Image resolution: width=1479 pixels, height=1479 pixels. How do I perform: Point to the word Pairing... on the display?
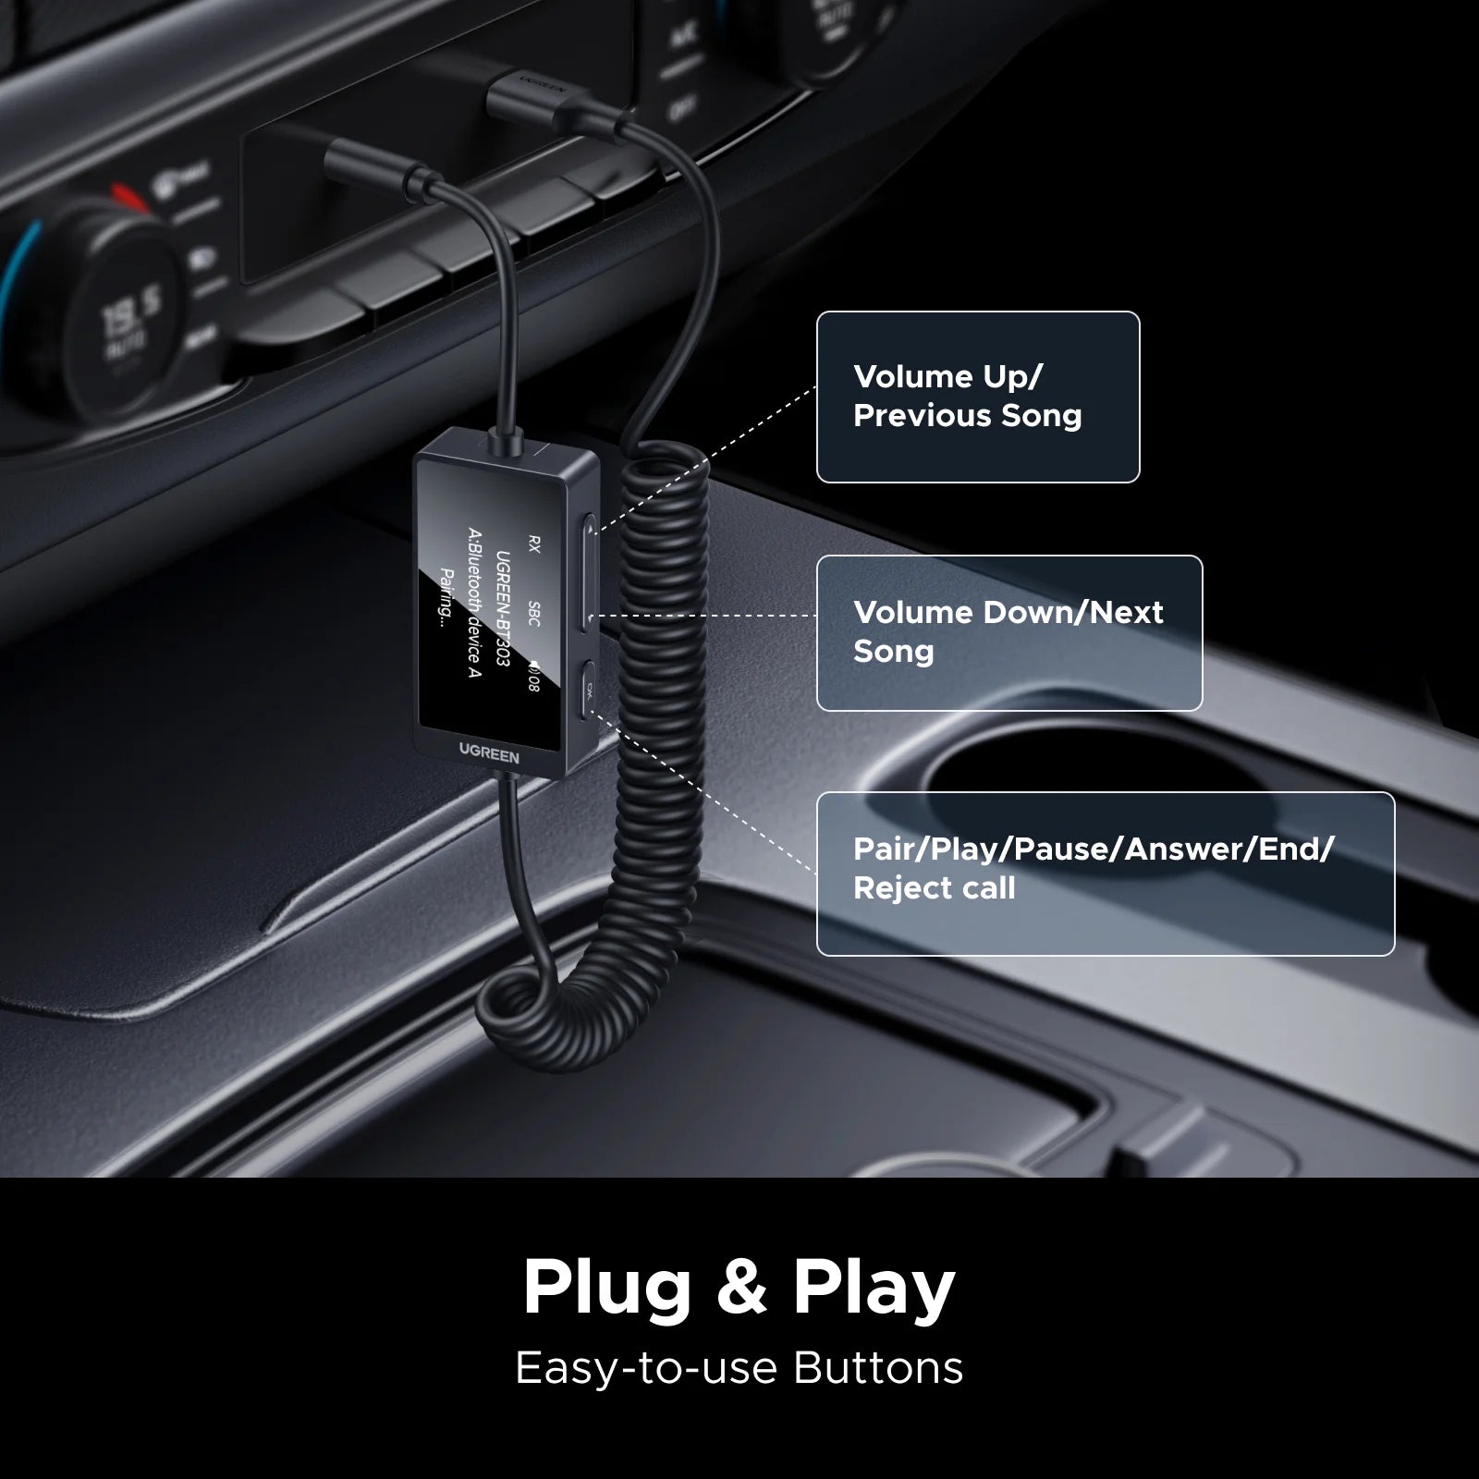point(447,596)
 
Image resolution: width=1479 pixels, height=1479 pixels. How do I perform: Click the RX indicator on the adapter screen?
point(532,544)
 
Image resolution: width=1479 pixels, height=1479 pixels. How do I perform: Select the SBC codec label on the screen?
point(532,613)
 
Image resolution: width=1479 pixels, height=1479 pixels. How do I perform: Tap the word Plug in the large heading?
point(606,1287)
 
